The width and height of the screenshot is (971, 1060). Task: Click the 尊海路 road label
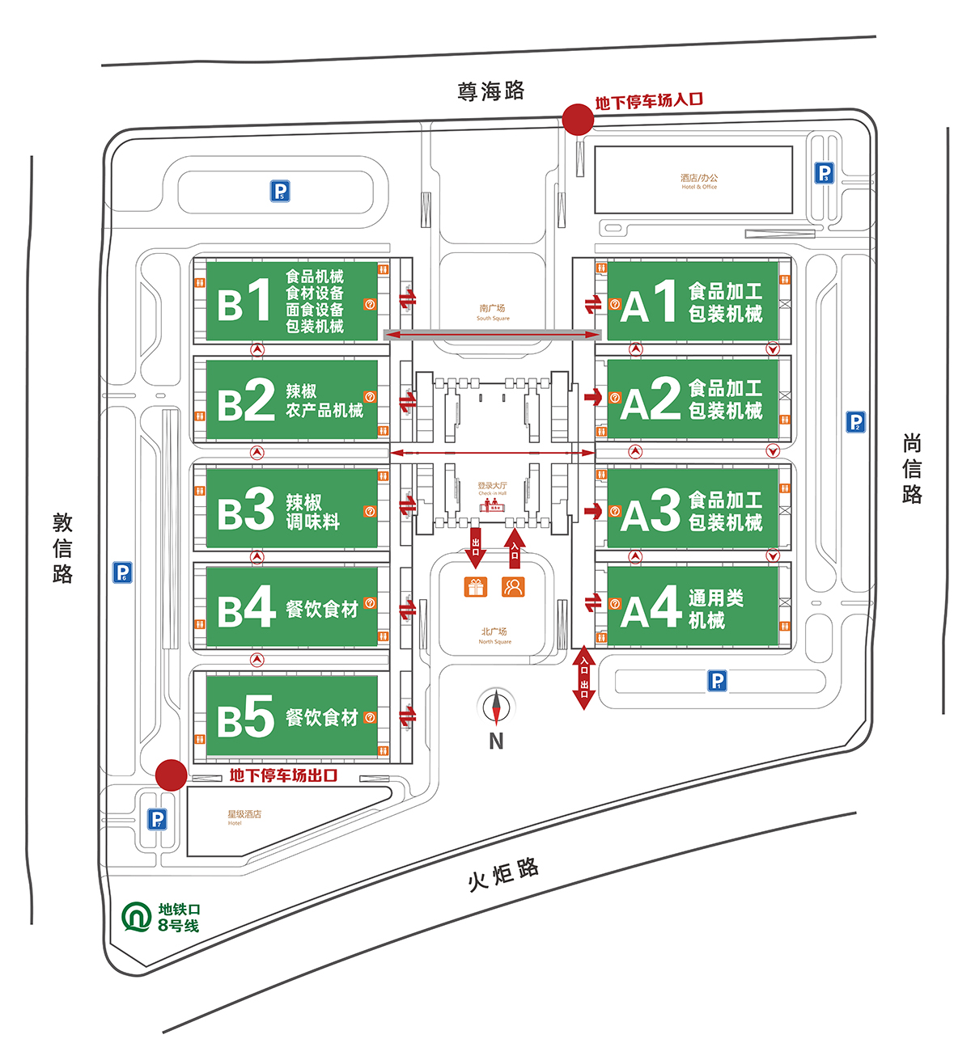coord(491,91)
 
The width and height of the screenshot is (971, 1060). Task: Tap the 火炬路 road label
coord(503,873)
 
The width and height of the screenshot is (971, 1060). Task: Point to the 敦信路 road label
coord(62,548)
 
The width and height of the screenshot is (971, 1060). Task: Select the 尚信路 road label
coord(912,469)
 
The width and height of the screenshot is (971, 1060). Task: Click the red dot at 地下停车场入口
coord(578,119)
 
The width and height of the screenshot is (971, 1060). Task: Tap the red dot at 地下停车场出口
coord(171,775)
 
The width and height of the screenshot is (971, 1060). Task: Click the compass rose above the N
coord(496,707)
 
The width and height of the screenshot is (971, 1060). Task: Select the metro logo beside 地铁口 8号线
coord(137,917)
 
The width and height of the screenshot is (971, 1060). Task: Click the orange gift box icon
coord(476,587)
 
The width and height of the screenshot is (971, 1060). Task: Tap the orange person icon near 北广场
coord(513,587)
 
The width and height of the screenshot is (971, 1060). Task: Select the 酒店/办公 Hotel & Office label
coord(699,181)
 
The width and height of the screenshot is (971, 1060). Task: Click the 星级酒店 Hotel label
coord(244,817)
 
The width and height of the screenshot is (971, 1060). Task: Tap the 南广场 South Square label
coord(492,312)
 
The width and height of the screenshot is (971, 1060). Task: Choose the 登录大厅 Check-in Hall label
coord(492,488)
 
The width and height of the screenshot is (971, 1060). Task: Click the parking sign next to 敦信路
coord(122,572)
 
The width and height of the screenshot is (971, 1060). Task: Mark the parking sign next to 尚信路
coord(855,421)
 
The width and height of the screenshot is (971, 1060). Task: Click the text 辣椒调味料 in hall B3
coord(312,512)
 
